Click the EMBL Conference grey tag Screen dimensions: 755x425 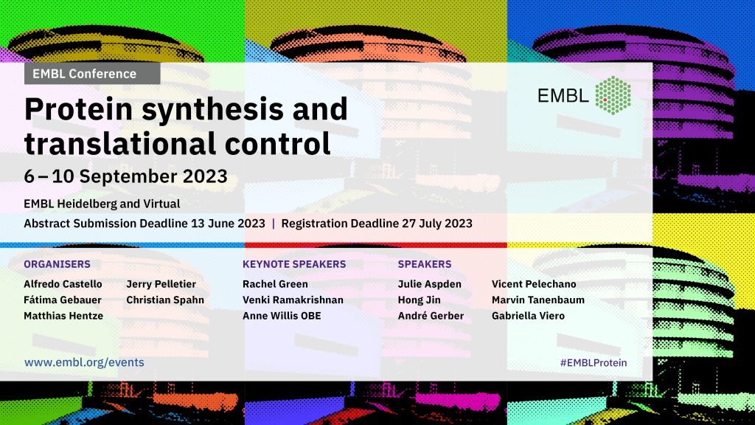pos(92,74)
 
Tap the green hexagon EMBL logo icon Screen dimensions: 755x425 pos(613,95)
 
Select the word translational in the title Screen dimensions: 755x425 pos(120,144)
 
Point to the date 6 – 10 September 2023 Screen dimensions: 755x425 pos(125,176)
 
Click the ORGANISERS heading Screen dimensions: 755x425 pos(57,264)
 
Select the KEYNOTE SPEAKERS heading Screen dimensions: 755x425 pos(294,264)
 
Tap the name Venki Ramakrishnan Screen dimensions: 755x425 pos(293,300)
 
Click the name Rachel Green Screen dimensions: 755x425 pos(275,284)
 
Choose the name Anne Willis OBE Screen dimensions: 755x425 pos(282,316)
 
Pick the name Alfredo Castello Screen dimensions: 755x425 pos(63,284)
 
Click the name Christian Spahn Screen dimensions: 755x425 pos(165,300)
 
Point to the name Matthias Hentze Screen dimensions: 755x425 pos(63,316)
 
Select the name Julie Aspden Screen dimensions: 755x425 pos(430,284)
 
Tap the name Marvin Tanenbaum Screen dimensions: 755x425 pos(537,300)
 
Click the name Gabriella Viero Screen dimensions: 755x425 pos(528,316)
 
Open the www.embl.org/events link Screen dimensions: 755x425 pos(84,362)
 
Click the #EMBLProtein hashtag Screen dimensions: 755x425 pos(594,363)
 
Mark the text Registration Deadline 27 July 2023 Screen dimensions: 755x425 pos(377,224)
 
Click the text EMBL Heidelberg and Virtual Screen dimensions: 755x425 pos(102,204)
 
